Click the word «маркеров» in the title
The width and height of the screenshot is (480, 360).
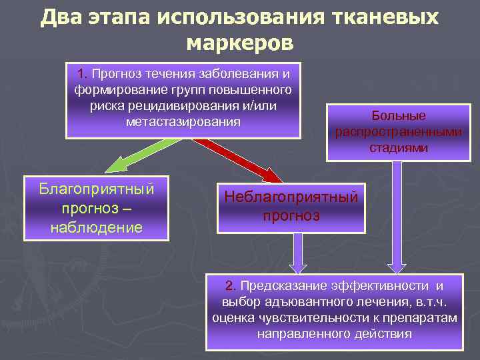click(239, 43)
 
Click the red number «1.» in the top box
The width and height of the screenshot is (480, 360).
click(83, 72)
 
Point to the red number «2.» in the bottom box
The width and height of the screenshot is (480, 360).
click(231, 286)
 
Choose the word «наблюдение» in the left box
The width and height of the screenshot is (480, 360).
click(97, 227)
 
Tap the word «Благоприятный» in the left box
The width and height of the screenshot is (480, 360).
click(97, 189)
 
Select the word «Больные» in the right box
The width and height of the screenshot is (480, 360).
click(399, 115)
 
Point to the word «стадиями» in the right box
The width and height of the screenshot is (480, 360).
click(399, 147)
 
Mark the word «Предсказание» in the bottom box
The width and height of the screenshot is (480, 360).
click(283, 286)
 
